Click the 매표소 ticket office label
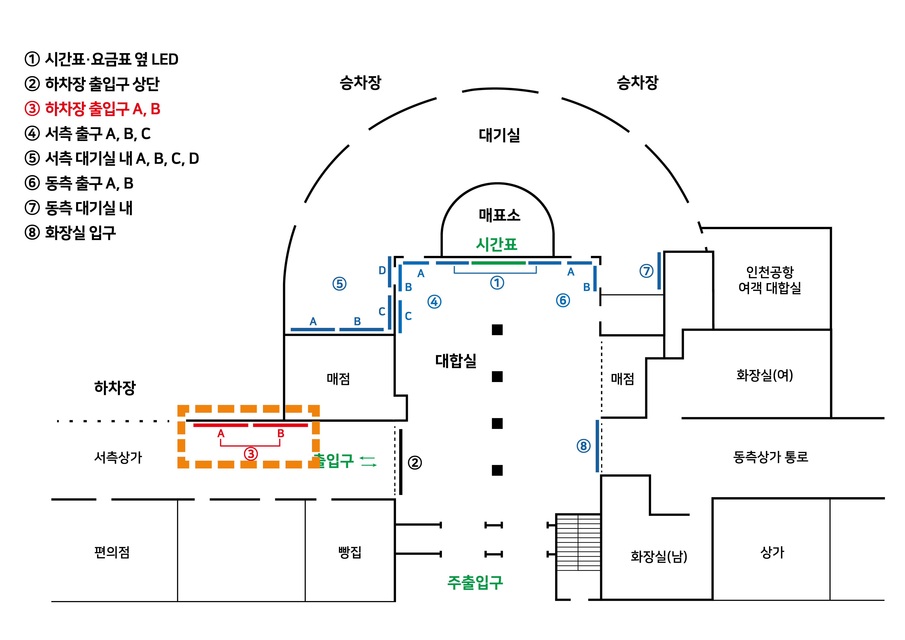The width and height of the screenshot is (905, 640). pyautogui.click(x=499, y=215)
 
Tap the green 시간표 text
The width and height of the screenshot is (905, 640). pyautogui.click(x=496, y=244)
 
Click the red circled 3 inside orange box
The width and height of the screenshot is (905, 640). pyautogui.click(x=251, y=453)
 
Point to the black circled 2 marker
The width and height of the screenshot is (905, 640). pyautogui.click(x=414, y=463)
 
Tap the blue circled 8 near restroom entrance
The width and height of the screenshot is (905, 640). pyautogui.click(x=583, y=446)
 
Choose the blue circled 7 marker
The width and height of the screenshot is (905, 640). pyautogui.click(x=646, y=271)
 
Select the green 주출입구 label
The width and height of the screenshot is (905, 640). pyautogui.click(x=475, y=582)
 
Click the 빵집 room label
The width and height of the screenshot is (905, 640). pyautogui.click(x=350, y=552)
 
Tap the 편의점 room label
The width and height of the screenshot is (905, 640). pyautogui.click(x=112, y=552)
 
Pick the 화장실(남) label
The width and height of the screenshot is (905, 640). pyautogui.click(x=659, y=556)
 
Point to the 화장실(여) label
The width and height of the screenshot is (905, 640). pyautogui.click(x=764, y=375)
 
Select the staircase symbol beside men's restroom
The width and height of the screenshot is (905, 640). pyautogui.click(x=578, y=542)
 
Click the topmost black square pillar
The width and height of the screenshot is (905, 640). pyautogui.click(x=497, y=329)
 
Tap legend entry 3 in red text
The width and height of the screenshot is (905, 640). pyautogui.click(x=93, y=109)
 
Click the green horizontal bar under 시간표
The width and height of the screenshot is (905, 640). pyautogui.click(x=498, y=263)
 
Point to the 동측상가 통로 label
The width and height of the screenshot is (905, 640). pyautogui.click(x=770, y=457)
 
